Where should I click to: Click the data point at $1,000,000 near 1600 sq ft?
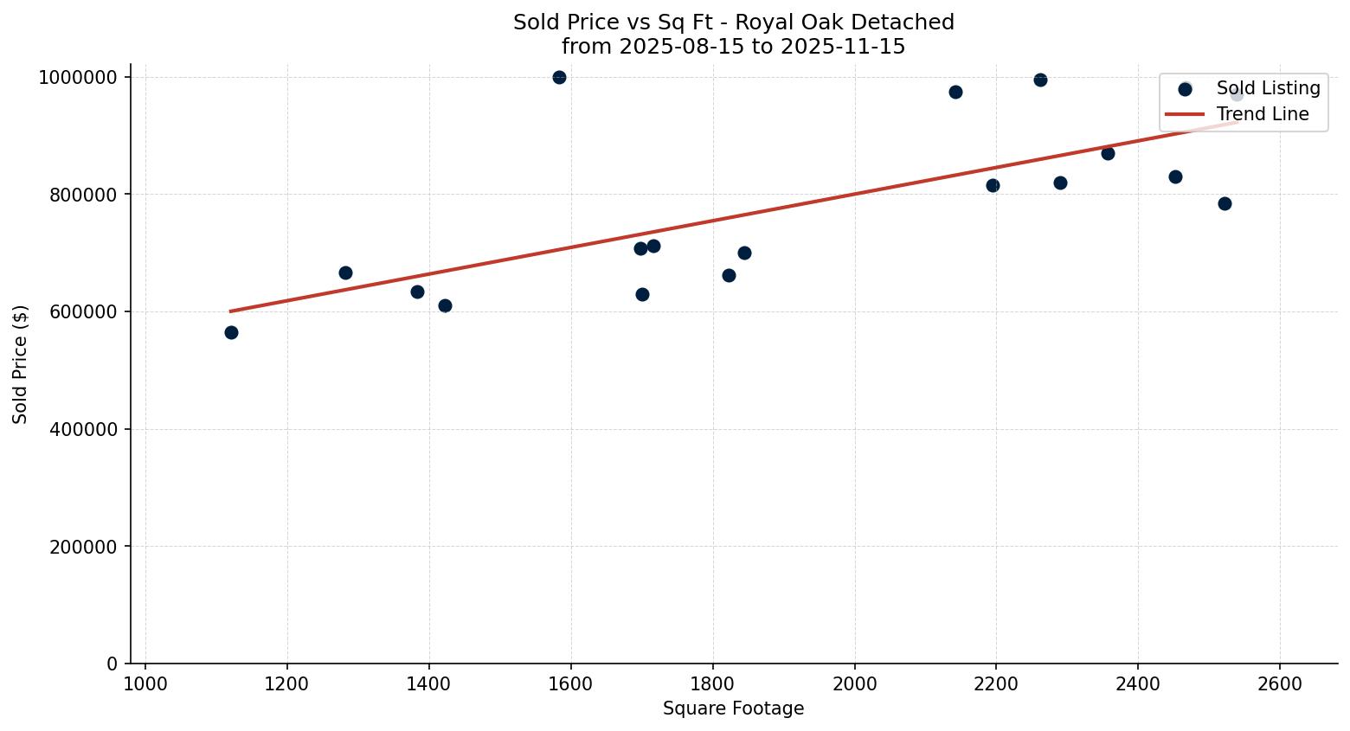click(559, 77)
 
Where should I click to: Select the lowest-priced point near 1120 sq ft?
click(231, 332)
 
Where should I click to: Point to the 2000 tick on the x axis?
click(854, 683)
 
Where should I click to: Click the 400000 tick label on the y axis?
click(78, 429)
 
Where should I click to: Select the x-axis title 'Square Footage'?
click(733, 709)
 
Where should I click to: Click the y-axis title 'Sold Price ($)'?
click(21, 364)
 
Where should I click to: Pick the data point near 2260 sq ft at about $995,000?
click(1040, 80)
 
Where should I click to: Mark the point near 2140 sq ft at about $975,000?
click(955, 92)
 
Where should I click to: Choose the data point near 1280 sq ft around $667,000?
click(345, 273)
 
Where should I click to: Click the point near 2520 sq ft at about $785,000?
click(1225, 203)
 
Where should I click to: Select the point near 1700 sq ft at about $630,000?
click(642, 294)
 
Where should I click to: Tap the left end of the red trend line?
click(230, 311)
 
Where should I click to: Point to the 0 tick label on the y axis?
click(112, 664)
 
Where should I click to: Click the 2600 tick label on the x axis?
click(1279, 683)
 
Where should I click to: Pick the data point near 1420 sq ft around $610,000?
click(445, 305)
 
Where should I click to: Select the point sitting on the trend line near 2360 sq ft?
click(1108, 153)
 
